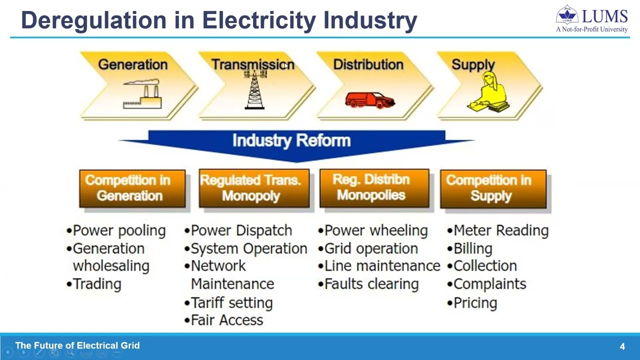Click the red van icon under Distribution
(370, 100)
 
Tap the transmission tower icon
(255, 90)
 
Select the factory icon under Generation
(142, 96)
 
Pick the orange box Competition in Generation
(132, 188)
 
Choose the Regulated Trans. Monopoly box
(254, 188)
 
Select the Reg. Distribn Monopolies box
(374, 187)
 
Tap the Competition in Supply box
(493, 188)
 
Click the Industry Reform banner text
(291, 140)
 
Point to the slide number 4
(622, 346)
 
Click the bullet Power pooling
(118, 230)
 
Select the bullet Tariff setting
(231, 302)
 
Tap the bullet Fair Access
(226, 320)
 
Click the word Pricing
(475, 302)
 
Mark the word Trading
(97, 284)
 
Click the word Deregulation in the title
(93, 20)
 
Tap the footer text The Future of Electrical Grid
(77, 345)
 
